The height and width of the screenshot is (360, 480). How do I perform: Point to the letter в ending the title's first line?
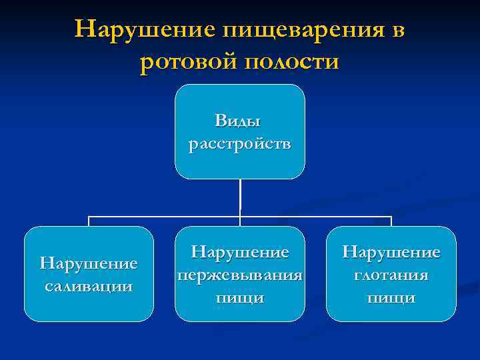click(x=398, y=31)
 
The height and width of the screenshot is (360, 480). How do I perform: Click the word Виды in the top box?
click(x=239, y=121)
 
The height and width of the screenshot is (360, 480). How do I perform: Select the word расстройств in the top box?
click(x=239, y=143)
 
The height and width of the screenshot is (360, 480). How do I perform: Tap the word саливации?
click(x=89, y=286)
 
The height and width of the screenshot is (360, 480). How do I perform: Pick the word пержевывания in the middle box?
click(x=240, y=275)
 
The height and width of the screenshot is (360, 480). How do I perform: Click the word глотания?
click(x=391, y=275)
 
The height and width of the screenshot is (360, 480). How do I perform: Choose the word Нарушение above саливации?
click(x=89, y=263)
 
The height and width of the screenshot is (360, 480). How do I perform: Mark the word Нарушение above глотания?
click(x=391, y=253)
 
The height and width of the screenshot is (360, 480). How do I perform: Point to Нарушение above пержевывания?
click(x=240, y=253)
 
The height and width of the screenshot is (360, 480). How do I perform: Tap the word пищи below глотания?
click(x=391, y=297)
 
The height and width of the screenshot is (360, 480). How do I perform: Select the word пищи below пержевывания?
click(x=240, y=297)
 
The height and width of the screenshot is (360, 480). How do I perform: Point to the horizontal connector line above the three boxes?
click(x=167, y=217)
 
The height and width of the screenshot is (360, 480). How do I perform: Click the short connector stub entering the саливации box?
click(x=89, y=221)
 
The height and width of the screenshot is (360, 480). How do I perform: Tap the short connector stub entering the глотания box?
click(x=391, y=221)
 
